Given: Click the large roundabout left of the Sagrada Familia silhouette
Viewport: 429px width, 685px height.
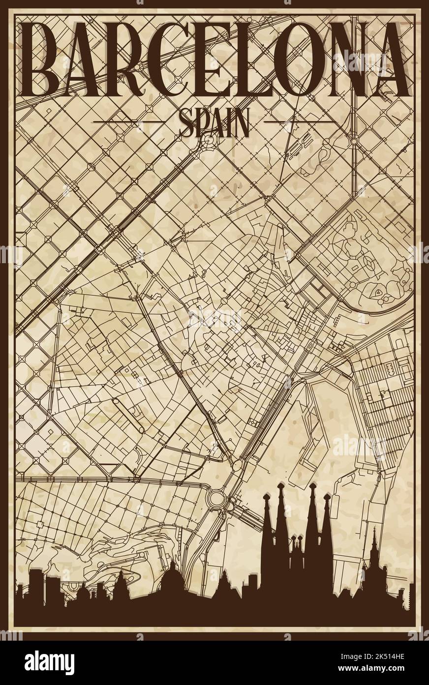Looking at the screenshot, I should pos(217,504).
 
